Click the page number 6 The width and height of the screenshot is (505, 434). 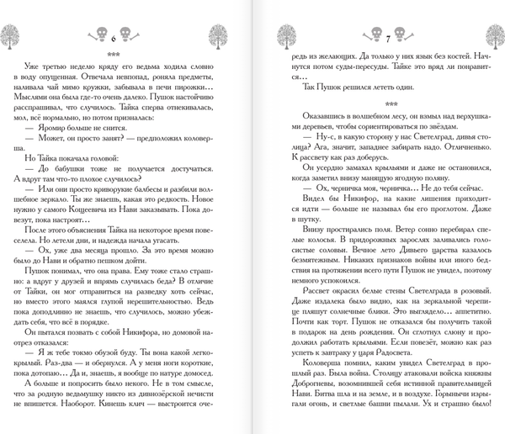coord(113,38)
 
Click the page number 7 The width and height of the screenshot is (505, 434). coord(390,38)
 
